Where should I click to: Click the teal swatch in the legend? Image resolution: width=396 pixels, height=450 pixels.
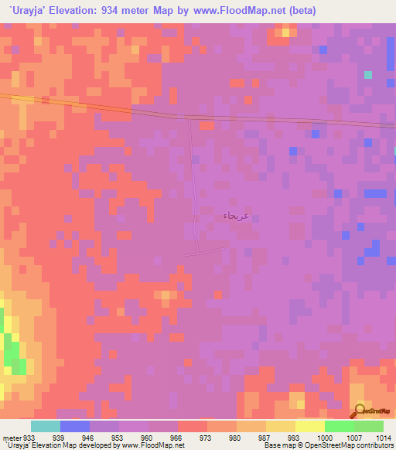(46, 426)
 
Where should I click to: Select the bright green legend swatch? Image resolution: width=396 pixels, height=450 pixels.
(340, 426)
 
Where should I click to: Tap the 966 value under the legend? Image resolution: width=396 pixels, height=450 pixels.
(176, 436)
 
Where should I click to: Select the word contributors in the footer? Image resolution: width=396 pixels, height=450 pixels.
(375, 445)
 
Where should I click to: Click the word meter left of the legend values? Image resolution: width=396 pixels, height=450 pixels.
(12, 436)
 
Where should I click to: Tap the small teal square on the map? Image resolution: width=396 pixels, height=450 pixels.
(368, 74)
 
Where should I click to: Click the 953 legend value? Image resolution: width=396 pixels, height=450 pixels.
(118, 436)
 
